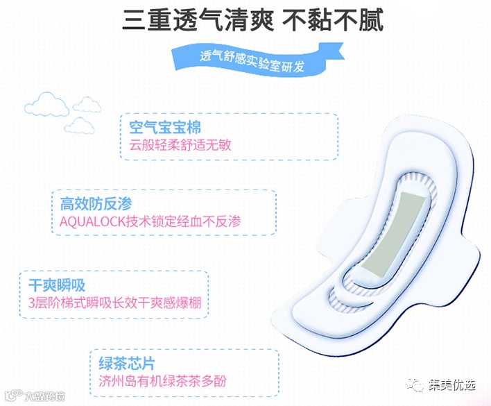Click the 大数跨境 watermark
point(39,396)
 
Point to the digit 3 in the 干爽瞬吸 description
point(32,303)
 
